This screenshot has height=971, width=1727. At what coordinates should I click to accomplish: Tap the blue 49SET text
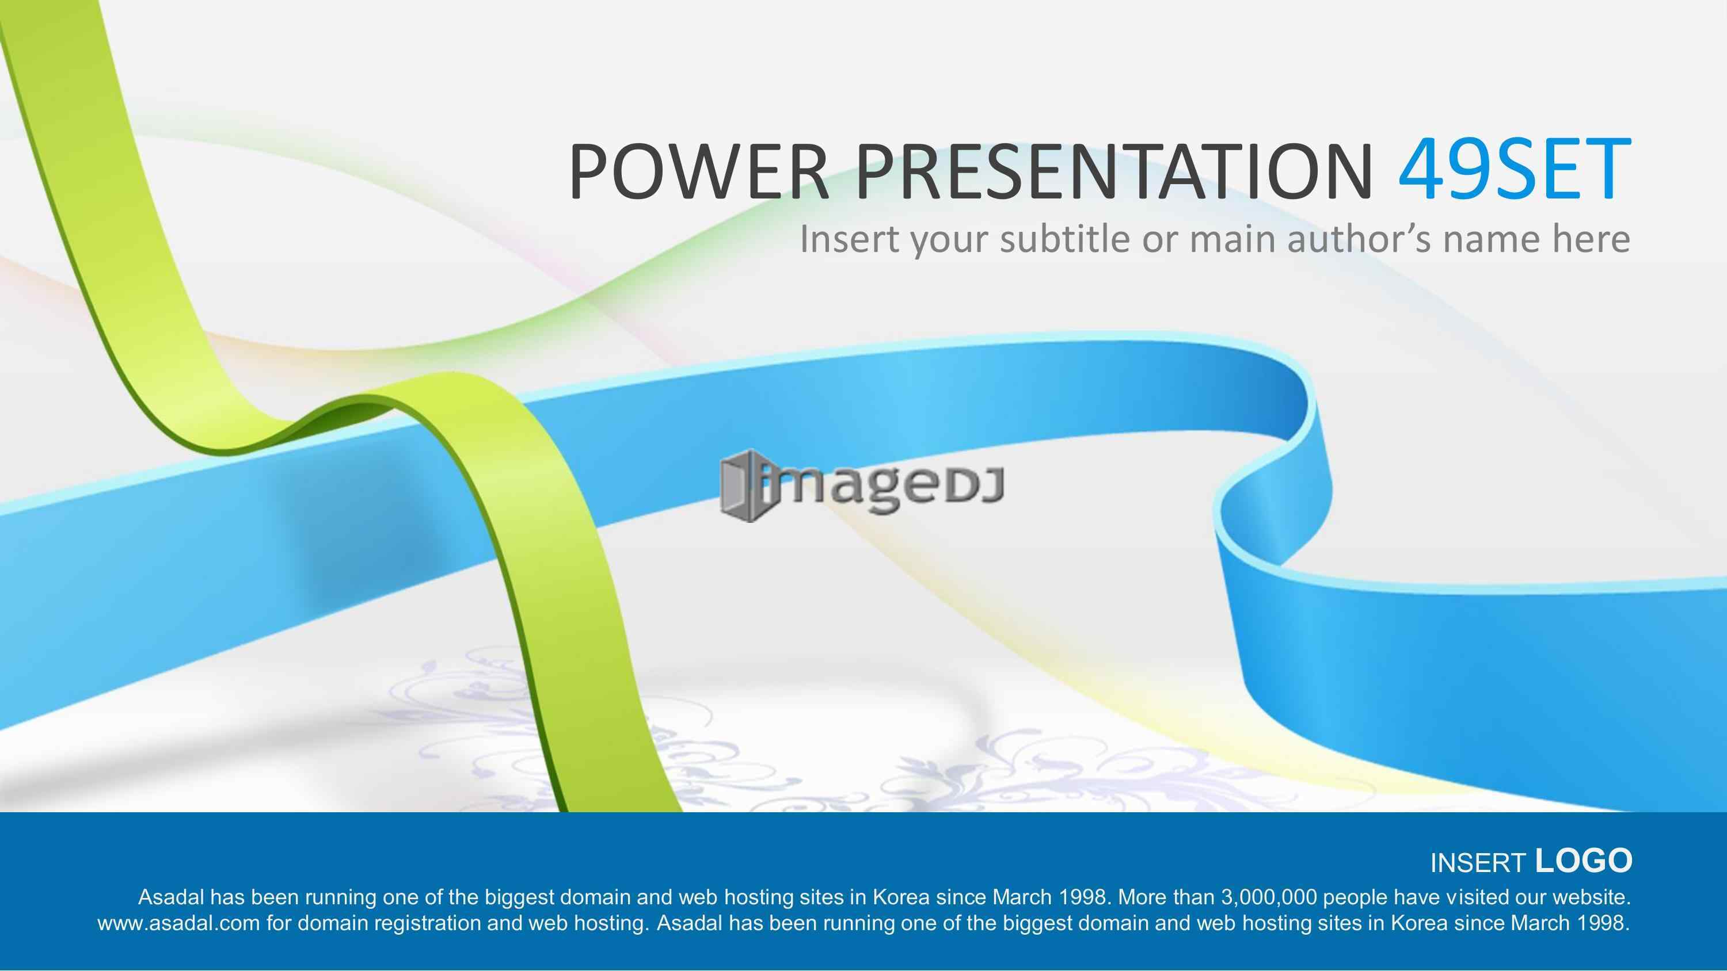1515,170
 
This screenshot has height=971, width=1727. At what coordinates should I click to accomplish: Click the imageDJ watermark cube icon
742,486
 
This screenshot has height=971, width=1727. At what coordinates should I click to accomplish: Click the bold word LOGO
1584,861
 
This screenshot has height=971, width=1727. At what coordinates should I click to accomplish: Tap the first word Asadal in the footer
171,897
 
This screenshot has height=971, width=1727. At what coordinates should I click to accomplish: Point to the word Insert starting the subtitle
850,239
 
